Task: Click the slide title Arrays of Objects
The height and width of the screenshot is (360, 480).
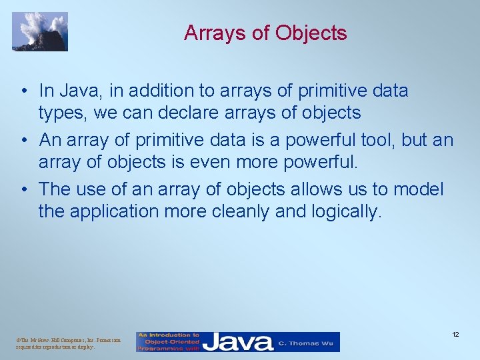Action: (265, 33)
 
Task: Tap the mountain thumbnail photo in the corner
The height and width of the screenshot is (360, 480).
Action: (40, 31)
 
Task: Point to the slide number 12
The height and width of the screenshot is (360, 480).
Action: (455, 333)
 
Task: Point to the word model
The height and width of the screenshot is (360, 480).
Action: (417, 189)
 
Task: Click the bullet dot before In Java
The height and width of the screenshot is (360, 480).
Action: (23, 91)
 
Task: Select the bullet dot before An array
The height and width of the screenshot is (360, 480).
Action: (23, 141)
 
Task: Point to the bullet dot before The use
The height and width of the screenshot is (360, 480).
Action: (23, 189)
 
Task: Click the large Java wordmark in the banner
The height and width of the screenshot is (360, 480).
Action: (238, 343)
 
